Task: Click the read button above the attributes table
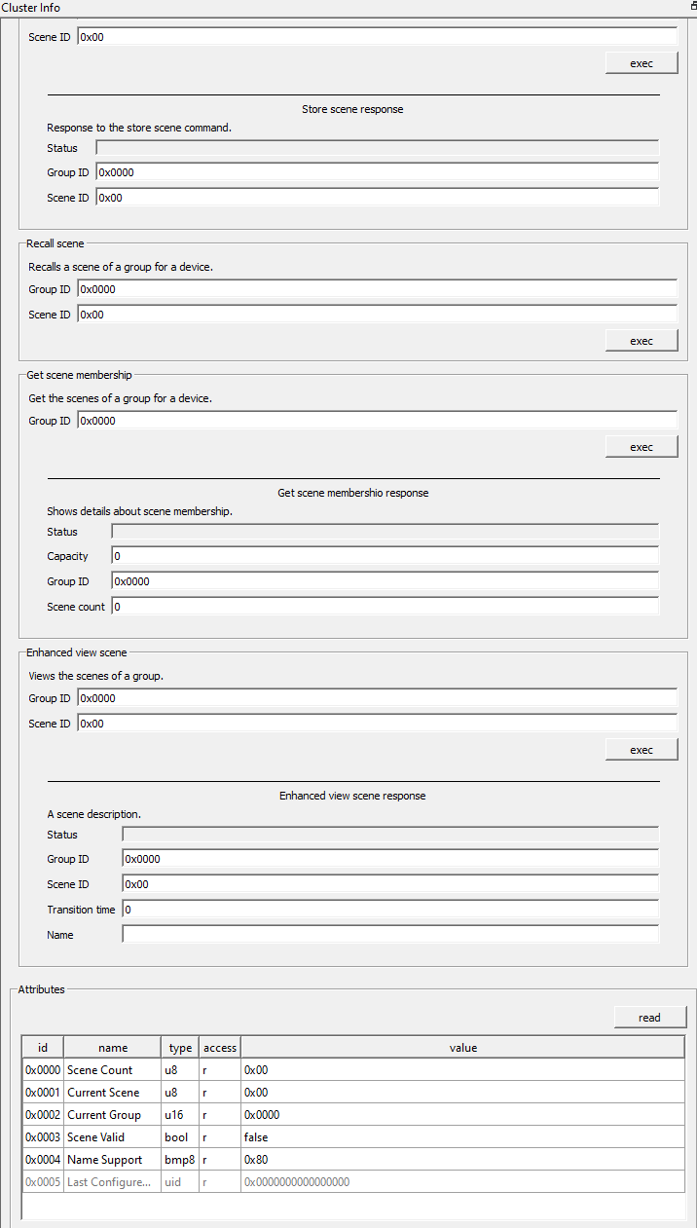tap(649, 1018)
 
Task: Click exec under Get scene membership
tap(641, 447)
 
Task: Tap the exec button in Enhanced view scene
tap(641, 750)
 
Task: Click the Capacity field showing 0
tap(385, 556)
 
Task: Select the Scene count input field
tap(385, 607)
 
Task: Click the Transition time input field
tap(389, 910)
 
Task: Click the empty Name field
tap(389, 935)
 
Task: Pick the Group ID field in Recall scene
tap(377, 289)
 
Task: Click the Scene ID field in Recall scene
tap(377, 315)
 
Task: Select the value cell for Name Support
tap(462, 1160)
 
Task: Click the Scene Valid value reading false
tap(462, 1137)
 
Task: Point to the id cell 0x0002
tap(43, 1115)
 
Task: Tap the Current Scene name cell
tap(111, 1093)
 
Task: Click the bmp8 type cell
tap(180, 1160)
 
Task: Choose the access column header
tap(220, 1048)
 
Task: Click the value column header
tap(462, 1048)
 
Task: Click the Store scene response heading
tap(352, 109)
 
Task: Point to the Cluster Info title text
tap(31, 8)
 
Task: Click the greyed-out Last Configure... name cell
tap(111, 1182)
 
